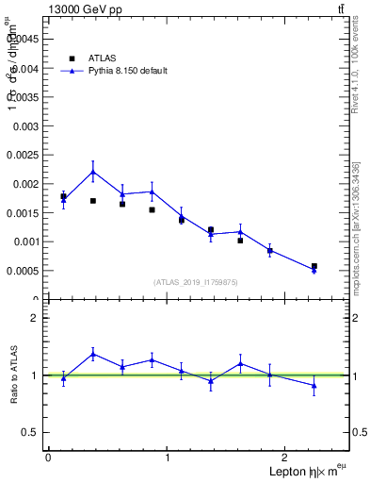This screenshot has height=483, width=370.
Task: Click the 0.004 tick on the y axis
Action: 27,68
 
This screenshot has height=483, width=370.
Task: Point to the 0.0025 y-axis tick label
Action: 24,155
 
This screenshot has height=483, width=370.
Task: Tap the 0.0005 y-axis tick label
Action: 24,271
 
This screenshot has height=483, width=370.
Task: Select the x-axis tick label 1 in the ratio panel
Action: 168,458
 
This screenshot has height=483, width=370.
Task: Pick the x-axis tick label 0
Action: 48,458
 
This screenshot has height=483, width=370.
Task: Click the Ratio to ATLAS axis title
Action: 14,375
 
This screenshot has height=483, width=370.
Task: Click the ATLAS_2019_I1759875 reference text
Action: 197,281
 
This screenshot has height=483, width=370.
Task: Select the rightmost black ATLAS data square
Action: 314,266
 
